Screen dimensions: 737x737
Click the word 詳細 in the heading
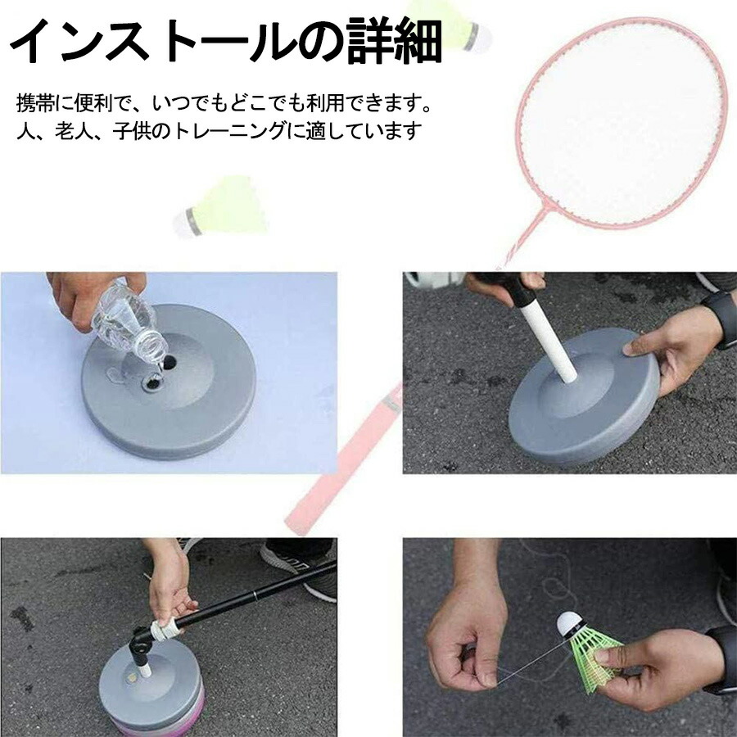point(395,42)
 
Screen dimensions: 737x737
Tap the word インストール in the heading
point(153,42)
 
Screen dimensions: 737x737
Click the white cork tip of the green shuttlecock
point(569,623)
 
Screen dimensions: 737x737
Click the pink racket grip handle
point(343,459)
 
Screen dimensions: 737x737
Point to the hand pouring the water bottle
point(87,297)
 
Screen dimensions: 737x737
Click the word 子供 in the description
point(132,132)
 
